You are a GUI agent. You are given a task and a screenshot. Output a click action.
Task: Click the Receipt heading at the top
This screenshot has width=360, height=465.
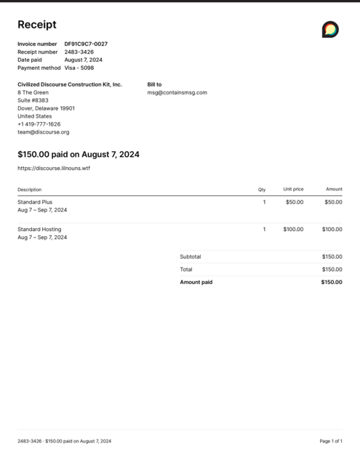(37, 25)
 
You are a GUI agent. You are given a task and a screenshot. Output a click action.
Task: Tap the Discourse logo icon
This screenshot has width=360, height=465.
(330, 29)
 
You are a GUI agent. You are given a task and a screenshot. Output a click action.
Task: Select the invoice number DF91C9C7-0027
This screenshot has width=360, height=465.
(86, 44)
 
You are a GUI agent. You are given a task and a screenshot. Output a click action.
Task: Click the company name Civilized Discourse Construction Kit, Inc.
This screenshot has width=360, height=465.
(70, 84)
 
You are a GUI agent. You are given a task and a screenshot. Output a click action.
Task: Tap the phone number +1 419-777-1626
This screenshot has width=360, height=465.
(39, 124)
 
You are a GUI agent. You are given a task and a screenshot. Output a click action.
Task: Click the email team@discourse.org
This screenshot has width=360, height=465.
(44, 132)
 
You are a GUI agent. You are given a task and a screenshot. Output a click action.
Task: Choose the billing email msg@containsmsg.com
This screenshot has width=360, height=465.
(177, 92)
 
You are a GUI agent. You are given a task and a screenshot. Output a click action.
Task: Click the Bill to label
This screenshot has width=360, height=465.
(154, 84)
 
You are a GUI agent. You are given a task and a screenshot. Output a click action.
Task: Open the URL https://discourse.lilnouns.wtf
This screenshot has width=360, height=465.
(54, 168)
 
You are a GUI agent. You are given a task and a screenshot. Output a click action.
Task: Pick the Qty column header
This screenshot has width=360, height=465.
(262, 189)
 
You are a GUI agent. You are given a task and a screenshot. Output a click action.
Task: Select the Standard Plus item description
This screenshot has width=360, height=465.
(35, 202)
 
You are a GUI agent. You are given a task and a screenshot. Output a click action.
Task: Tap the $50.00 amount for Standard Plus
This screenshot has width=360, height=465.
(333, 202)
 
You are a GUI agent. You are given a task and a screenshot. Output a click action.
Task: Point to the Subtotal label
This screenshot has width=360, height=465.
(191, 256)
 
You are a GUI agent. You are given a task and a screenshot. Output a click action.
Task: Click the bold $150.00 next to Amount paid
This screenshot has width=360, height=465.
(331, 282)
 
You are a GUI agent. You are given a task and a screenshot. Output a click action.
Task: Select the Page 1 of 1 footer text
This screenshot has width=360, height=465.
(331, 441)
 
